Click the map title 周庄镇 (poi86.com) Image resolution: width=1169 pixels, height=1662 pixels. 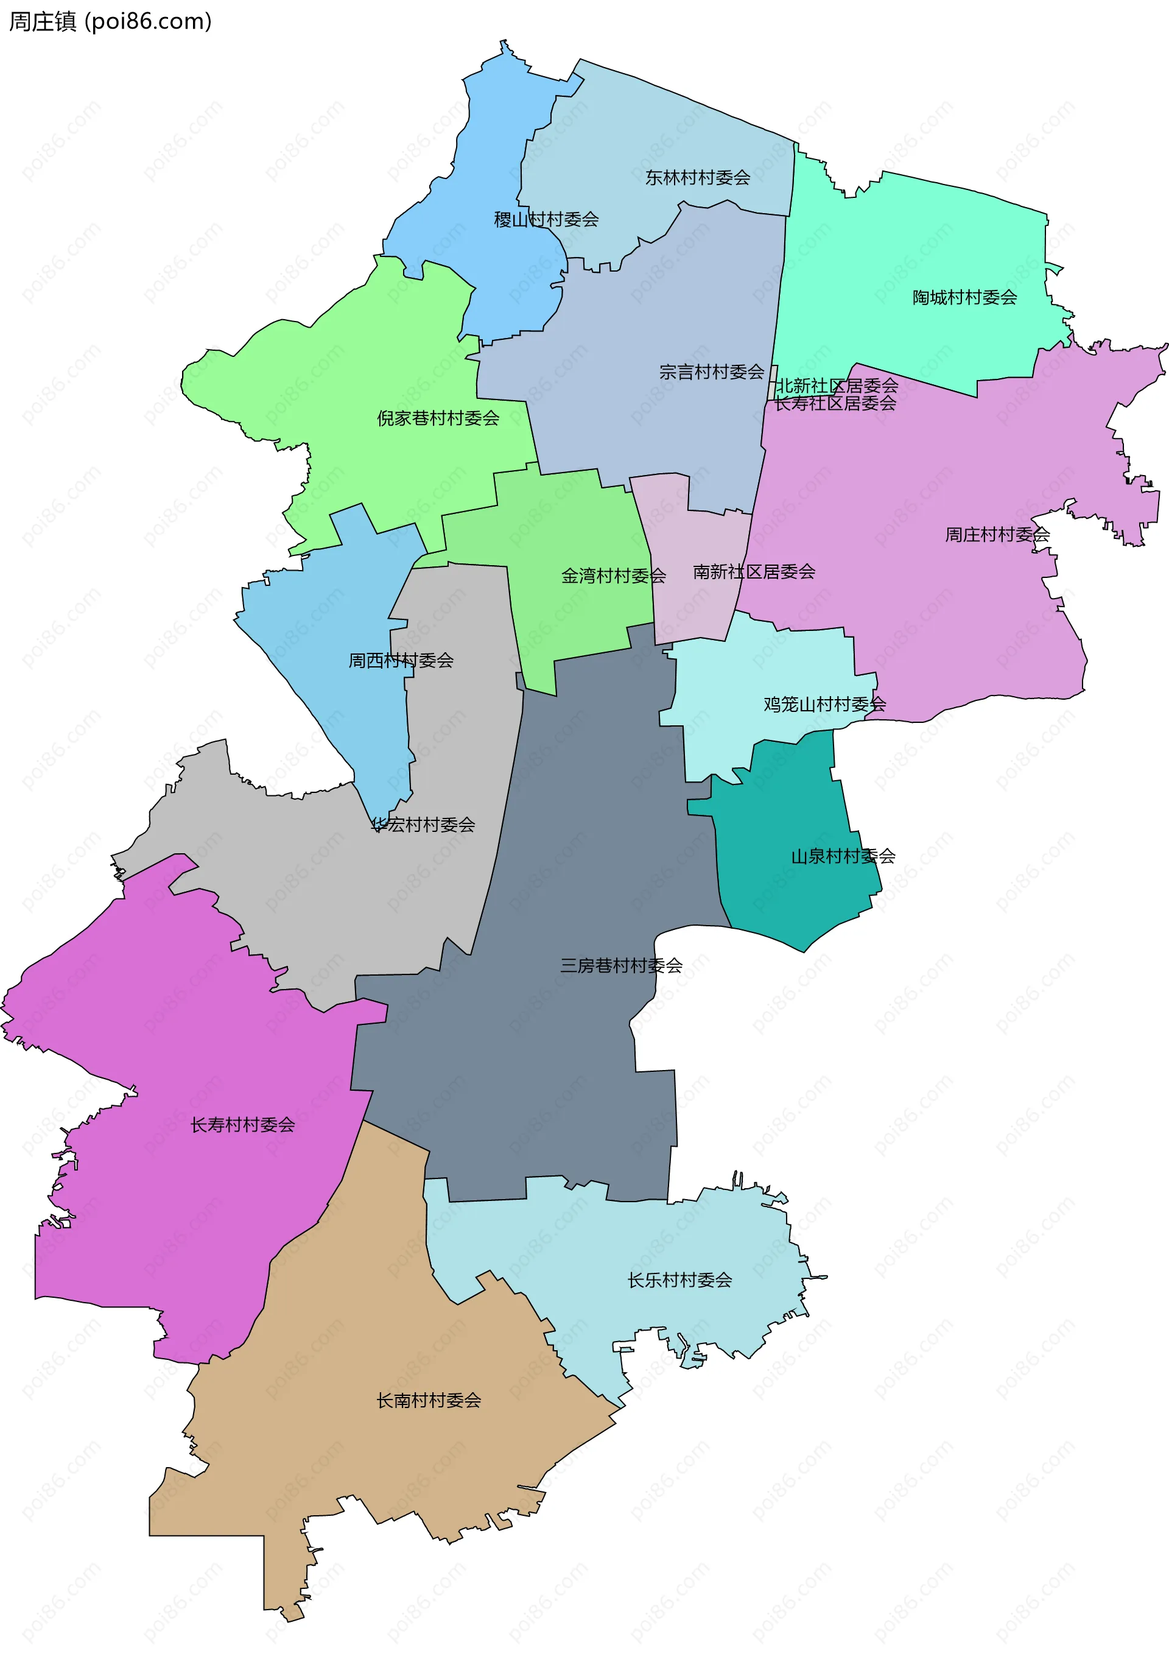[x=110, y=22]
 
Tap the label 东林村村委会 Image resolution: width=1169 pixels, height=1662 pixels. [x=697, y=177]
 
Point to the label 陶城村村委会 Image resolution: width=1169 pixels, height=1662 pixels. [x=964, y=298]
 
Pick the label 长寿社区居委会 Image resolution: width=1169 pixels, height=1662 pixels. [x=835, y=404]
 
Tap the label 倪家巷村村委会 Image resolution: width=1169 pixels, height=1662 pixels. [x=438, y=418]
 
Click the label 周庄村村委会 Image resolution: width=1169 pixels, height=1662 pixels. [x=996, y=535]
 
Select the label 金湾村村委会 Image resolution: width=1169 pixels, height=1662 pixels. [x=613, y=576]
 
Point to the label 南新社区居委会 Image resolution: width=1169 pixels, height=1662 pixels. [x=754, y=572]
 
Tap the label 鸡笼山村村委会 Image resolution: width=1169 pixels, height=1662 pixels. [x=824, y=704]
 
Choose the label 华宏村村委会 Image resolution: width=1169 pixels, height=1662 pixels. [x=423, y=825]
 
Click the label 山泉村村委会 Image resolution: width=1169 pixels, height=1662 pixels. [x=843, y=857]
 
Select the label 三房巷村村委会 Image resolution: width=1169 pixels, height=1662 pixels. [x=621, y=966]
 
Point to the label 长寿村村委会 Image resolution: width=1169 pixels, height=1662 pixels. [x=242, y=1125]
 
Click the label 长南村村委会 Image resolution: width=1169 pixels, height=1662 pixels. [x=429, y=1401]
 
